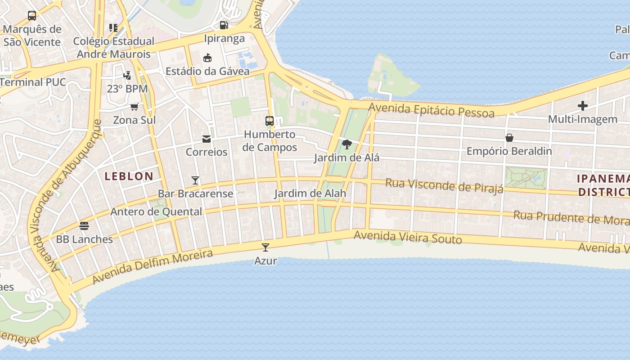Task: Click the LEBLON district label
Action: [x=129, y=176]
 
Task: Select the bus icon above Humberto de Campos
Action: [x=270, y=121]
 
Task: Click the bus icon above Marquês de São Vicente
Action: [x=32, y=16]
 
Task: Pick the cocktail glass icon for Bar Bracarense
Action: [x=195, y=180]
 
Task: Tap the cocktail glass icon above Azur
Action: [x=265, y=247]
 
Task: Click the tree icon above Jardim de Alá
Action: [x=346, y=144]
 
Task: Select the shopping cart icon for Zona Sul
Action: [x=134, y=107]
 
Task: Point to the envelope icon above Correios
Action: [x=207, y=139]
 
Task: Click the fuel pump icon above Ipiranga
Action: [x=224, y=25]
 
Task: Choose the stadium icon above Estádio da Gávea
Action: [x=207, y=58]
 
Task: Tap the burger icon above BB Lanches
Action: [x=84, y=225]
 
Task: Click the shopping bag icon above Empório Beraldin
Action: [x=509, y=137]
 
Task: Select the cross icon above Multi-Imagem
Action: [x=583, y=106]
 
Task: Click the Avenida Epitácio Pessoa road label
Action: [x=431, y=110]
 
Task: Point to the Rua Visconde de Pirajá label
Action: [x=444, y=185]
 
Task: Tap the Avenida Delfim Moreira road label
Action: [x=152, y=267]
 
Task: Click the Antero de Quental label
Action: [x=156, y=211]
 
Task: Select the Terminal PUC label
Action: [x=33, y=82]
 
